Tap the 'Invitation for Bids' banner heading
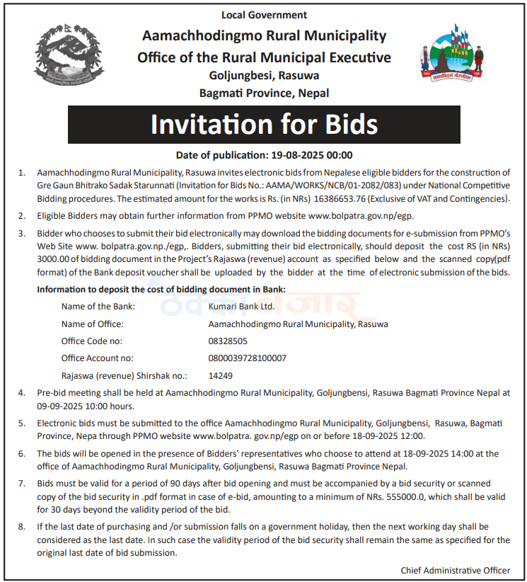pos(264,125)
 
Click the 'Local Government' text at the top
pos(264,14)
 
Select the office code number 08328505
pos(228,341)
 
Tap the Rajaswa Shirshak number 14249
pos(221,376)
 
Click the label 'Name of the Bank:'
pos(98,307)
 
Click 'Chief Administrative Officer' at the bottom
pos(455,570)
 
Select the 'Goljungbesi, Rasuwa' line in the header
pos(264,75)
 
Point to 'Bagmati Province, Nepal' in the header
pos(264,93)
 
